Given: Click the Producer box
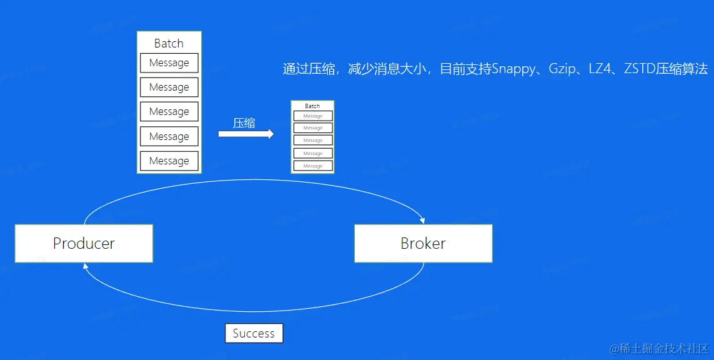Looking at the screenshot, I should click(84, 243).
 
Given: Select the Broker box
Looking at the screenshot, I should click(423, 243).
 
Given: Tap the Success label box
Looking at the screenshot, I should click(254, 333).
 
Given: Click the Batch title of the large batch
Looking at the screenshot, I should click(169, 43).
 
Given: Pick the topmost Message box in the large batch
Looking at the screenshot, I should click(169, 63).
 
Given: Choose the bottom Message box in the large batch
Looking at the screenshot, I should click(169, 161).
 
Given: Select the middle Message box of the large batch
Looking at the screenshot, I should click(169, 112).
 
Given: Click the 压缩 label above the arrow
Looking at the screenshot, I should click(244, 122).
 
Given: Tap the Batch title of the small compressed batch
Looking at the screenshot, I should click(312, 106).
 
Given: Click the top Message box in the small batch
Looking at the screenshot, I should click(313, 116).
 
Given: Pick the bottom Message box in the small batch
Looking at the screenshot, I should click(313, 166).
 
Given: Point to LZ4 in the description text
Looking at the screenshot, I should click(600, 69).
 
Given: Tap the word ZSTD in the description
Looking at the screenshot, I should click(639, 69).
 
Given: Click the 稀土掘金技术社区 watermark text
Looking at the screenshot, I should click(663, 348).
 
